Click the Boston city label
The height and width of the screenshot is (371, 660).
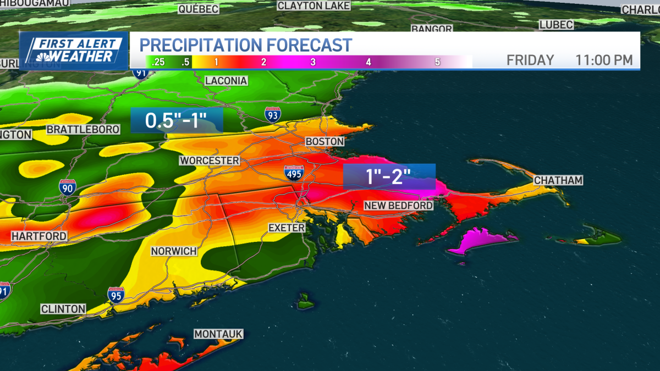[325, 142]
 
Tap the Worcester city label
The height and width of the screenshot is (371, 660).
[209, 160]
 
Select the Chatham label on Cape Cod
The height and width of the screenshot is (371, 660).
[558, 180]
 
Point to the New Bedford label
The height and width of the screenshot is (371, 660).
[399, 206]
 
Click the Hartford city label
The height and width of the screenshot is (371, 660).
[39, 236]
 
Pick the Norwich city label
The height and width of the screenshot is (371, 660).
[174, 251]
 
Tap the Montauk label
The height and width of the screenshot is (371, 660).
[218, 334]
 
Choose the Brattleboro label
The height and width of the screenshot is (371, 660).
[83, 130]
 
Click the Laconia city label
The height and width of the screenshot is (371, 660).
[226, 81]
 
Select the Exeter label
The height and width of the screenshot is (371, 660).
[287, 228]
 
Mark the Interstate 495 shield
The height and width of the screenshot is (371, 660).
[294, 174]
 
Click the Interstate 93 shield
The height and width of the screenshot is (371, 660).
[272, 114]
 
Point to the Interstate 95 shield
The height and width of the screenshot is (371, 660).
[116, 295]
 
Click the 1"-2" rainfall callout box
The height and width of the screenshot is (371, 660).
[389, 177]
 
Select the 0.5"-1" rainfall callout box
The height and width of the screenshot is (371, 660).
[177, 120]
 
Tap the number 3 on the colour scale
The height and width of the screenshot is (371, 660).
[313, 62]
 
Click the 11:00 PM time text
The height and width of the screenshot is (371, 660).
[604, 60]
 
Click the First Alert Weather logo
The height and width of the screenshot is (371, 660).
[74, 51]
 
